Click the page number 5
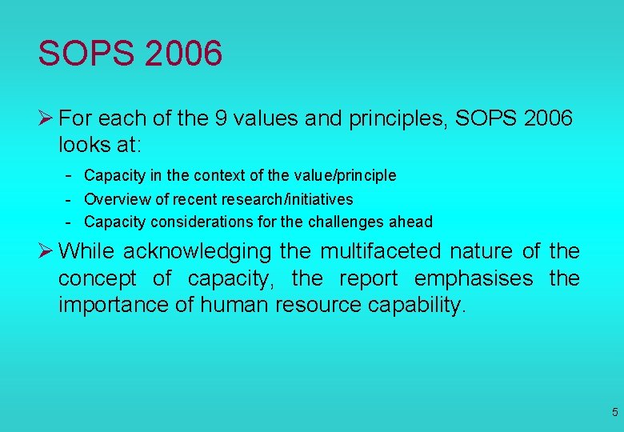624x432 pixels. pyautogui.click(x=614, y=413)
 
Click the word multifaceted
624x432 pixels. pyautogui.click(x=381, y=252)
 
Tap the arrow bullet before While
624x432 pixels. pyautogui.click(x=46, y=251)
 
